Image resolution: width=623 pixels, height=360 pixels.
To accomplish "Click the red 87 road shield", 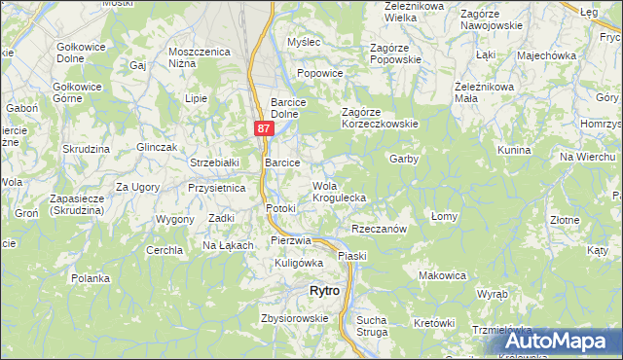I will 264,127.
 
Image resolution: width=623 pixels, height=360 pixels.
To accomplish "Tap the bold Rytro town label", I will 323,290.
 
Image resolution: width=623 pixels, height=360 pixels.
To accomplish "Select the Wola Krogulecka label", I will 339,192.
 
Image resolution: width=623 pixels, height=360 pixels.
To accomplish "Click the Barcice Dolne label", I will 289,106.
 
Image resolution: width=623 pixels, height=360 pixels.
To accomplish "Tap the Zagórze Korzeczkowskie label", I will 379,118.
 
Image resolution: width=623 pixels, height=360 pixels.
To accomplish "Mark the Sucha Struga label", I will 372,326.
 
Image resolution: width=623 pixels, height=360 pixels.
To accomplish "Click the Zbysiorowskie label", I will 294,318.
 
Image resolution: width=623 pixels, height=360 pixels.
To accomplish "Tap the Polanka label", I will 91,278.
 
